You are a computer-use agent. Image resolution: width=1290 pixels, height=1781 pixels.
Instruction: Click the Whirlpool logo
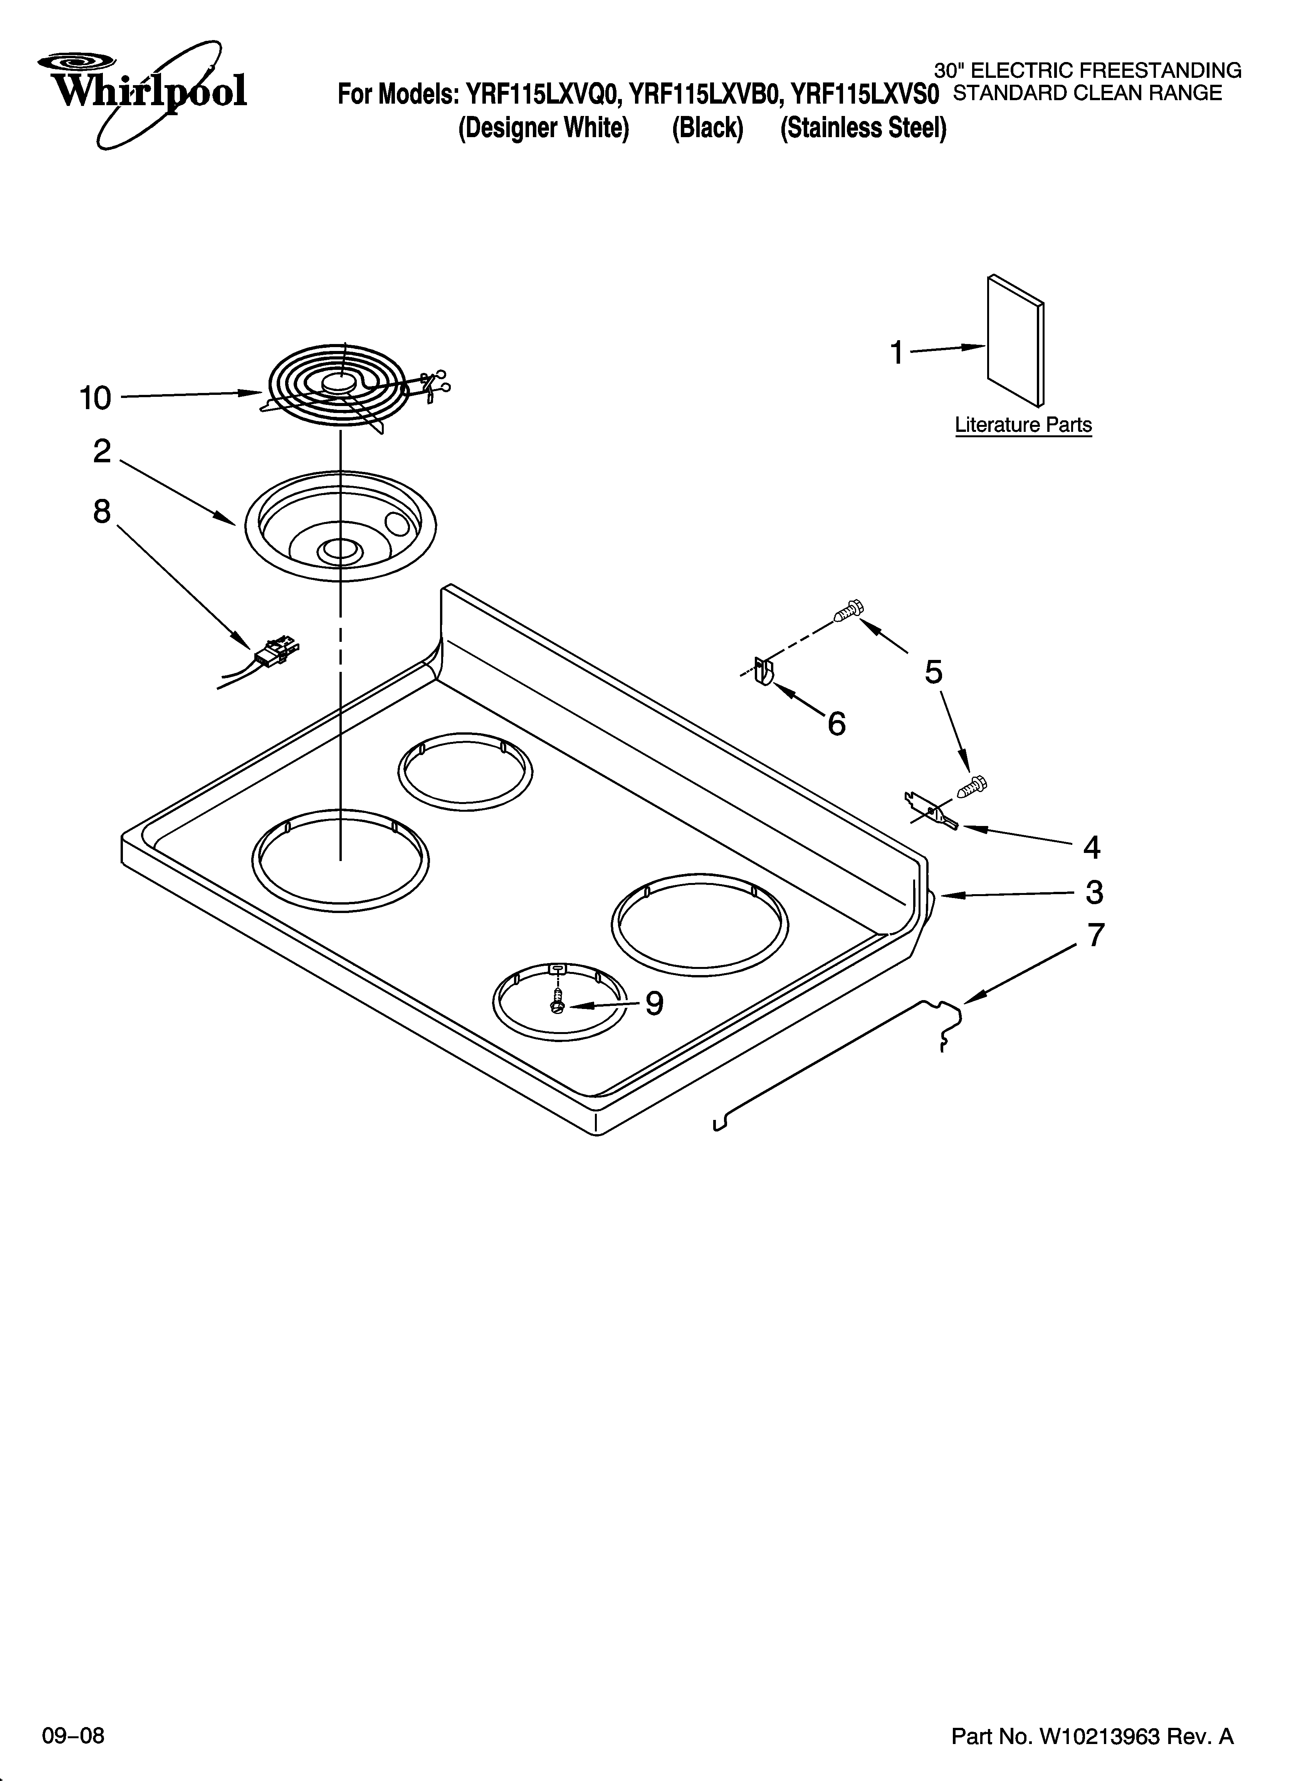[141, 90]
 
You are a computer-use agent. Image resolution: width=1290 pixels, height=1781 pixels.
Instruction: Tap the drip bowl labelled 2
[339, 526]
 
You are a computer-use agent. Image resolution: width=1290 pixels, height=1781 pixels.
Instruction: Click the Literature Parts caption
[1023, 425]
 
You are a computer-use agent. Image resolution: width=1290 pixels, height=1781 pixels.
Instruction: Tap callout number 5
[933, 672]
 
